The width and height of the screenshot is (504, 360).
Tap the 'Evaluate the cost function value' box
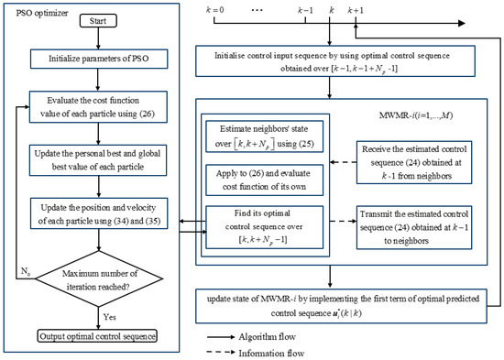tap(94, 104)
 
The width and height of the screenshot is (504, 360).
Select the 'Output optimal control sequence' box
tap(94, 336)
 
